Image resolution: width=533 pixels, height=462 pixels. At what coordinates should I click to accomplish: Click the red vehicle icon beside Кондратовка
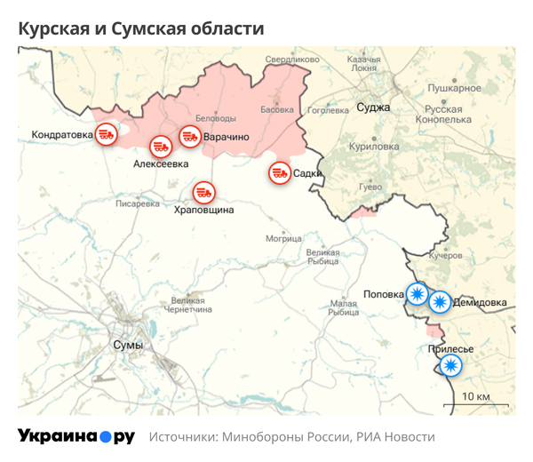(x=106, y=134)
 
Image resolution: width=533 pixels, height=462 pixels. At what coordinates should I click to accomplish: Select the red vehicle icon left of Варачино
(x=189, y=137)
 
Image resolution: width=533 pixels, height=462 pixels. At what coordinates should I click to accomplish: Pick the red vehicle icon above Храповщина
(x=204, y=191)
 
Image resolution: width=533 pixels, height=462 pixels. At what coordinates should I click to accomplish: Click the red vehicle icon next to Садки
(x=280, y=172)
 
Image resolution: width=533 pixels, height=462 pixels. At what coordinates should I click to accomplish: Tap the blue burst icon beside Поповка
(x=417, y=292)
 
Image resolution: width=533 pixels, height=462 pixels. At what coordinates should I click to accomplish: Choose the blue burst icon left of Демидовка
(x=439, y=302)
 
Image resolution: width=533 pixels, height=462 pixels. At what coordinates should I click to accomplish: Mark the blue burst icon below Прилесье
(x=451, y=365)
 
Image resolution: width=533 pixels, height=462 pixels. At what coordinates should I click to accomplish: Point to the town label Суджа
(x=373, y=108)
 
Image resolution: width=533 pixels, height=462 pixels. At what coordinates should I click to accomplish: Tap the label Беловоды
(x=215, y=118)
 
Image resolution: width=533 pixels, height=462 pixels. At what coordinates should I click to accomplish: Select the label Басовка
(x=276, y=110)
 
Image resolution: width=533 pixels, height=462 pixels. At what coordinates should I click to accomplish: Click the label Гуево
(x=369, y=187)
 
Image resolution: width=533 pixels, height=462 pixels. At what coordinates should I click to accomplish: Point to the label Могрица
(x=284, y=238)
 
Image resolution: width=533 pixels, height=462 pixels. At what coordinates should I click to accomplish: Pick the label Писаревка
(x=137, y=203)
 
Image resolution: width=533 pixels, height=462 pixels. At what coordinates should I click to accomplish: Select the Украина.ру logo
(x=76, y=436)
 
